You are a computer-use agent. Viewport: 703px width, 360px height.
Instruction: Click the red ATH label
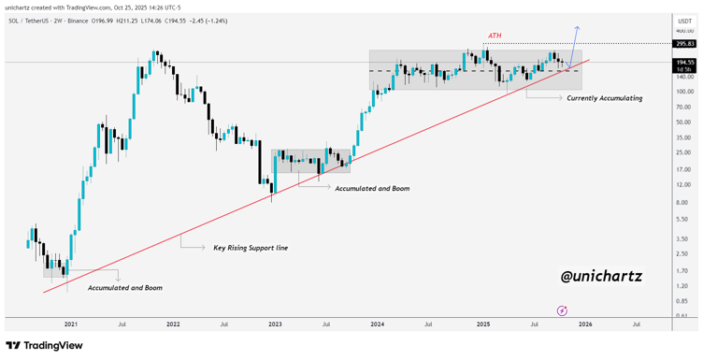point(495,37)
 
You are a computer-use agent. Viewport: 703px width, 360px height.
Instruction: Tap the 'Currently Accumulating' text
point(604,97)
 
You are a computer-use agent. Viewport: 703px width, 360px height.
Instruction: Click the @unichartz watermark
point(601,277)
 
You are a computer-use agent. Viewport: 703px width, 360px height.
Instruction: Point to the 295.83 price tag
point(684,43)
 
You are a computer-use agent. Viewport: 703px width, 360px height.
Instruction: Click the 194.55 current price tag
point(684,62)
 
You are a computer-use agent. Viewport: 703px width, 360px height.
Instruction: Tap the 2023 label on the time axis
point(275,324)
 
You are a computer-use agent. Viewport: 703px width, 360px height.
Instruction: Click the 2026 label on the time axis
point(584,324)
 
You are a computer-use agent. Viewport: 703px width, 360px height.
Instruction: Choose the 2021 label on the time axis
point(71,324)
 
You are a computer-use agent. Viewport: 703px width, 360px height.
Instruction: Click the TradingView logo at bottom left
point(46,346)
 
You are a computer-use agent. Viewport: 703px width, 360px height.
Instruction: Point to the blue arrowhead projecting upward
point(577,28)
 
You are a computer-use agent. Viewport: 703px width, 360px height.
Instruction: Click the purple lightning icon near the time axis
point(561,310)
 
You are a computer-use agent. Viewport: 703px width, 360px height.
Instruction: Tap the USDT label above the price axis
point(684,19)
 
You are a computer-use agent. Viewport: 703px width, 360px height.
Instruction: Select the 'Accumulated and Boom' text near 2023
point(372,188)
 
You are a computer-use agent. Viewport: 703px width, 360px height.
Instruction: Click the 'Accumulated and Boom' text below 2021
point(124,288)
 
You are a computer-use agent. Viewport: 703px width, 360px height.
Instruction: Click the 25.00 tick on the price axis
point(682,152)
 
